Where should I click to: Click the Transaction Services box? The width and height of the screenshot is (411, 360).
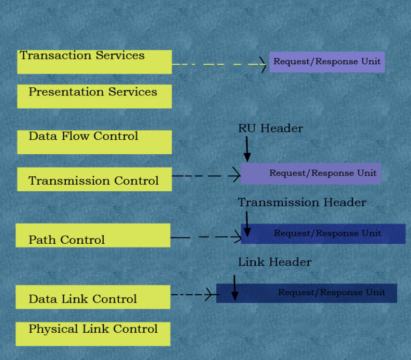tap(94, 62)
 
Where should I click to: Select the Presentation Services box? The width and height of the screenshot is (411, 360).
tap(94, 96)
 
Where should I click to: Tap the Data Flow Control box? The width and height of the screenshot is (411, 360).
tap(94, 142)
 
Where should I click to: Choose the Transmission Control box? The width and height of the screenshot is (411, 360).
tap(94, 179)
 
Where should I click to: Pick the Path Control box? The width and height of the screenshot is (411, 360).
tap(93, 235)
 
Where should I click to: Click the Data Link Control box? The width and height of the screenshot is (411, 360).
tap(93, 297)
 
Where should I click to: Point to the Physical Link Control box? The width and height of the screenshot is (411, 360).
tap(93, 333)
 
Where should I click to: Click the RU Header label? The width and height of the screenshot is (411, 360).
tap(270, 129)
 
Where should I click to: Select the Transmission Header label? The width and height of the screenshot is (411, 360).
tap(302, 202)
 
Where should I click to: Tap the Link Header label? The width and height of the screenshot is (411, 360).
tap(275, 262)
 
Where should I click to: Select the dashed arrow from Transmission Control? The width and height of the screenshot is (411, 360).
tap(206, 175)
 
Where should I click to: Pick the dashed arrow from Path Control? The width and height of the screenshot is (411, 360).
tap(206, 236)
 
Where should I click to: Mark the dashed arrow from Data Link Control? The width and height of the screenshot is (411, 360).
tap(193, 294)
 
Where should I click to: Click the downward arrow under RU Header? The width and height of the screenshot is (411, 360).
tap(247, 148)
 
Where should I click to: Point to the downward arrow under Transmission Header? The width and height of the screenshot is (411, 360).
tap(247, 223)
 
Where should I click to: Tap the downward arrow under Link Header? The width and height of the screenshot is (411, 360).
tap(234, 287)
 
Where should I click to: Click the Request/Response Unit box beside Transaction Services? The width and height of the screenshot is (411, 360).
tap(326, 62)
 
